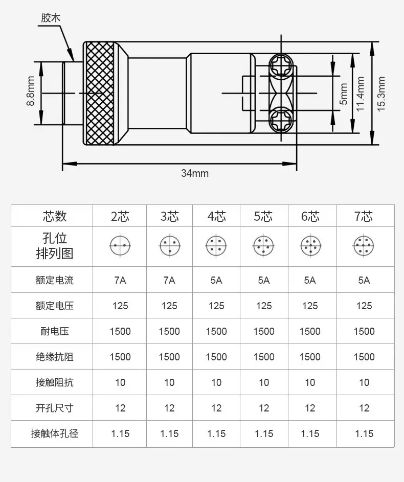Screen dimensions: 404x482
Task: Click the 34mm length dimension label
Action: click(x=195, y=173)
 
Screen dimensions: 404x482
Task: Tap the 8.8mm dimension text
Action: click(x=31, y=91)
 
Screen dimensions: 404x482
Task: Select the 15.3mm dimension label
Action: click(x=381, y=94)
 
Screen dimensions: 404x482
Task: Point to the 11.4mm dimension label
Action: click(x=360, y=94)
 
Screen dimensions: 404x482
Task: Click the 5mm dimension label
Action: click(x=343, y=94)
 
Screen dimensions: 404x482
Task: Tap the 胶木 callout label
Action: click(x=51, y=17)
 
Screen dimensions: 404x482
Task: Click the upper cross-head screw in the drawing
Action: click(x=281, y=66)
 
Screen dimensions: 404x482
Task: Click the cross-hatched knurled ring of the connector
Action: click(x=100, y=93)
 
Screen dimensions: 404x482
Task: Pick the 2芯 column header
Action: click(x=120, y=216)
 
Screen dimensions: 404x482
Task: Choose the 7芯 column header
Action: click(x=364, y=216)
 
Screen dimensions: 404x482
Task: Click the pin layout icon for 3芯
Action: click(x=170, y=246)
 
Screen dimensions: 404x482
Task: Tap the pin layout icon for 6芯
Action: click(x=310, y=246)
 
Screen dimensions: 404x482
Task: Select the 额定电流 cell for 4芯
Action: click(x=216, y=280)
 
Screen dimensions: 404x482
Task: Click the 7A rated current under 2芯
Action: click(x=120, y=280)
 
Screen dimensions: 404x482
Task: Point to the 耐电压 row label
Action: click(x=55, y=331)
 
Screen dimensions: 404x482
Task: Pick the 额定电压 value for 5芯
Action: click(x=264, y=306)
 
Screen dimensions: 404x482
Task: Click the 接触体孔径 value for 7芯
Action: click(x=364, y=433)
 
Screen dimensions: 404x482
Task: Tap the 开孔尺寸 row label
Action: click(x=55, y=408)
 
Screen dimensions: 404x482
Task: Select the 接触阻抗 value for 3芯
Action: click(x=169, y=382)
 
